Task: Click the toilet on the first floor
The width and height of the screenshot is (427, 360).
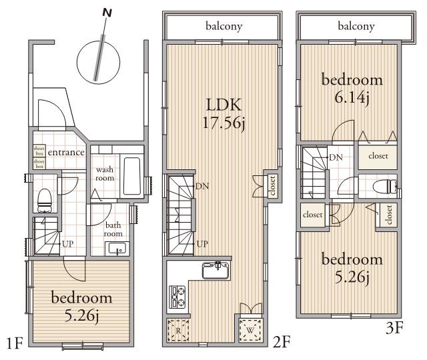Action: [x=44, y=197]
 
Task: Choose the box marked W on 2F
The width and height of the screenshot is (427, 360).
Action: [x=250, y=329]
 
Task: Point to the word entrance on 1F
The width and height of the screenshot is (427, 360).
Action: [x=66, y=153]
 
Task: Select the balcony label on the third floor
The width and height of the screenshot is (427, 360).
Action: [x=356, y=27]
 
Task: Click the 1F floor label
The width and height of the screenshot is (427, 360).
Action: [x=15, y=344]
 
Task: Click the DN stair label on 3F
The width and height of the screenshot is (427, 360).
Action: [x=336, y=157]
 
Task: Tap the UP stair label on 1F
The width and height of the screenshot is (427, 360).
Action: [x=67, y=244]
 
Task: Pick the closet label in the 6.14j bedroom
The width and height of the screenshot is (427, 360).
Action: [x=378, y=156]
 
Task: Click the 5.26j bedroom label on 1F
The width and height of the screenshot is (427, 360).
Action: [x=81, y=305]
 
